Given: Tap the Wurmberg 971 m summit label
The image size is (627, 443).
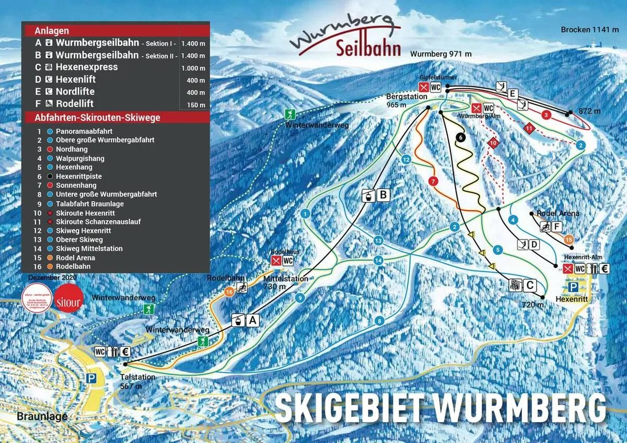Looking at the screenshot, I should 440,54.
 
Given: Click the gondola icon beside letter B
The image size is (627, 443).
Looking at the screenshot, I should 368,195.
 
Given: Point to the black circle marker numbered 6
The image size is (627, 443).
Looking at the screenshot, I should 460,137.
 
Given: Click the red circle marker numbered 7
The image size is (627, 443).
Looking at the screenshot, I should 432,181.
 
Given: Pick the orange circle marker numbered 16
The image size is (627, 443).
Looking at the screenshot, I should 229,292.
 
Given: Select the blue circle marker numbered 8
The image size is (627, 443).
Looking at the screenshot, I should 380,321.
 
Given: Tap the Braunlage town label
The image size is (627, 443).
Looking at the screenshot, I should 34,417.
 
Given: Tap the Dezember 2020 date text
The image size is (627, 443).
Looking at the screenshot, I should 52,278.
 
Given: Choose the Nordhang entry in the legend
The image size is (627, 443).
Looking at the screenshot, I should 70,149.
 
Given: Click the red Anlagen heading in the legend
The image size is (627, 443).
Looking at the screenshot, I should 52,31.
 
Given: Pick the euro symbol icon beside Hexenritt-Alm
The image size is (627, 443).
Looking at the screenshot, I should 605,269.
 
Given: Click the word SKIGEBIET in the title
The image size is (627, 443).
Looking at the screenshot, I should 355,407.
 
